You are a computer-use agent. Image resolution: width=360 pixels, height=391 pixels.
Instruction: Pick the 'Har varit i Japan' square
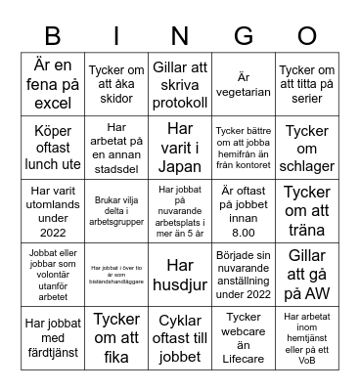(180, 146)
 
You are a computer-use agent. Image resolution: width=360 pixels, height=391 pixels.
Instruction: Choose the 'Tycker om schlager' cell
(306, 146)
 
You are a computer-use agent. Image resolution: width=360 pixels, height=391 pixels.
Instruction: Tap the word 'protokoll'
(180, 102)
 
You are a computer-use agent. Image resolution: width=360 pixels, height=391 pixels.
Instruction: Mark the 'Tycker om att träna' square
(306, 208)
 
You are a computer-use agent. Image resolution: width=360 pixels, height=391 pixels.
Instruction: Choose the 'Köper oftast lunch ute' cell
(53, 146)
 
